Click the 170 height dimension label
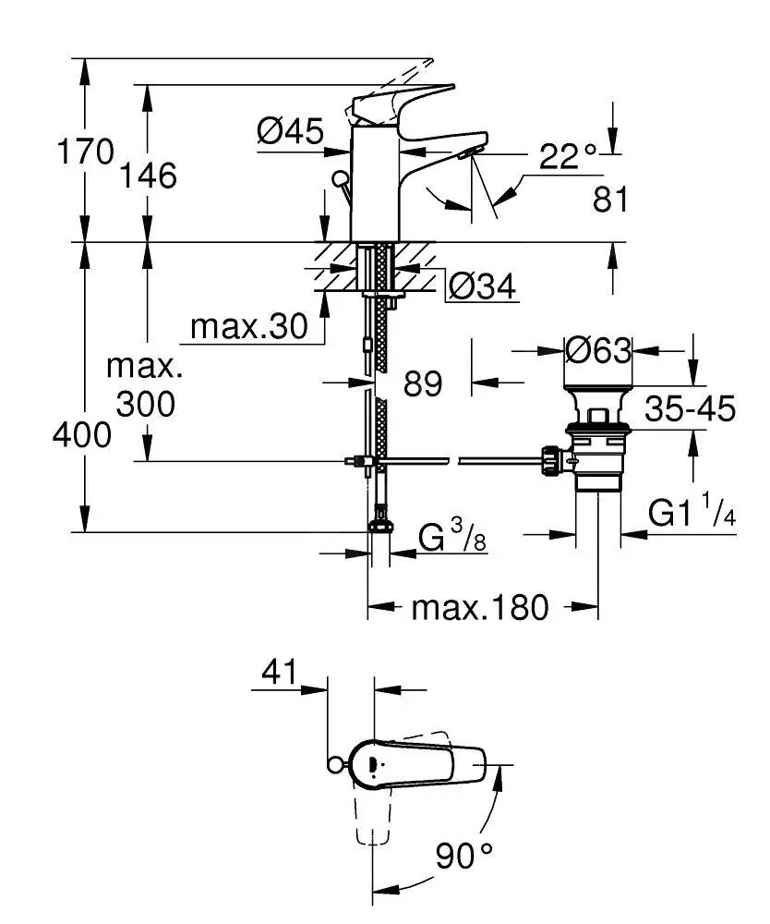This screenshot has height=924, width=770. (x=85, y=151)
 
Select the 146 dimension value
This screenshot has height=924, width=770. (x=147, y=175)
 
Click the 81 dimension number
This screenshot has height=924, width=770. (x=609, y=199)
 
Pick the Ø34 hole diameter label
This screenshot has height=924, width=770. (x=481, y=288)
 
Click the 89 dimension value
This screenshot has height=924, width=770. (x=423, y=383)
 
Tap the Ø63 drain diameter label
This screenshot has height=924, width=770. (x=597, y=350)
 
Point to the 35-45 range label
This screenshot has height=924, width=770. (x=690, y=407)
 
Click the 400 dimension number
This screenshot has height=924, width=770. (x=83, y=434)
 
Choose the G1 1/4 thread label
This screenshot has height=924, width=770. (x=692, y=514)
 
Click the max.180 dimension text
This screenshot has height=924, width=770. (x=479, y=608)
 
